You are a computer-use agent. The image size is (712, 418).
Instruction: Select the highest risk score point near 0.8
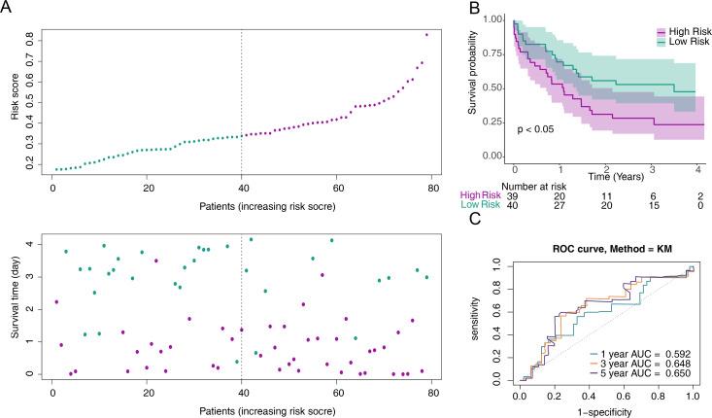pyautogui.click(x=426, y=35)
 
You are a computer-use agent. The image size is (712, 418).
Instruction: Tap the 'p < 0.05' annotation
pyautogui.click(x=537, y=129)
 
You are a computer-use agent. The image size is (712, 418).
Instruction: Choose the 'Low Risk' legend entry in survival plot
pyautogui.click(x=675, y=42)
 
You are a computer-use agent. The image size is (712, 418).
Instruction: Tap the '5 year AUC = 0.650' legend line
pyautogui.click(x=635, y=394)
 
